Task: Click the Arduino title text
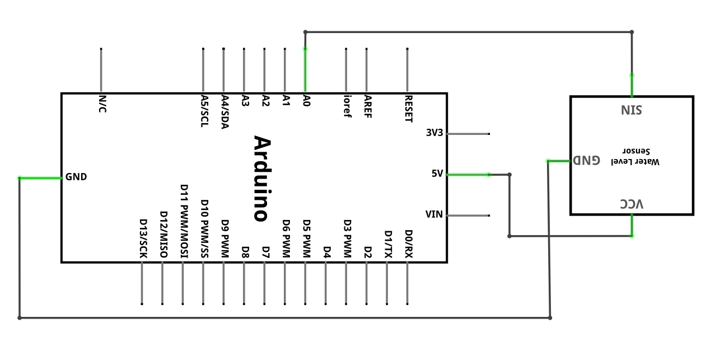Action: pyautogui.click(x=262, y=179)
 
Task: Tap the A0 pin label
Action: pyautogui.click(x=306, y=101)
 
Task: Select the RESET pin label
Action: pyautogui.click(x=409, y=109)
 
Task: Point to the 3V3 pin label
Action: pyautogui.click(x=434, y=133)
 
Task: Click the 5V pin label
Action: pyautogui.click(x=437, y=174)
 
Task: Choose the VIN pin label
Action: pyautogui.click(x=434, y=214)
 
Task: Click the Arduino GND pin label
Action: pyautogui.click(x=76, y=177)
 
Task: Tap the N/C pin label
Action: pyautogui.click(x=103, y=104)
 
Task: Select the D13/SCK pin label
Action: pyautogui.click(x=143, y=239)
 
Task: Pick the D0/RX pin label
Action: pyautogui.click(x=409, y=244)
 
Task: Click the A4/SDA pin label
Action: pyautogui.click(x=225, y=112)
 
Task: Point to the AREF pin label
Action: pyautogui.click(x=368, y=106)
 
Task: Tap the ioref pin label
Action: pyautogui.click(x=347, y=106)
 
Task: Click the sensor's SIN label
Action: pyautogui.click(x=632, y=110)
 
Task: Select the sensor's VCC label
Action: pyautogui.click(x=632, y=204)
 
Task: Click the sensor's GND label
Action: pyautogui.click(x=586, y=160)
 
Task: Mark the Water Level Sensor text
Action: pyautogui.click(x=635, y=156)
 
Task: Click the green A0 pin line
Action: pyautogui.click(x=305, y=71)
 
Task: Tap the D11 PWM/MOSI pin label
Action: pyautogui.click(x=184, y=221)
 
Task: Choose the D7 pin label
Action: pyautogui.click(x=266, y=253)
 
